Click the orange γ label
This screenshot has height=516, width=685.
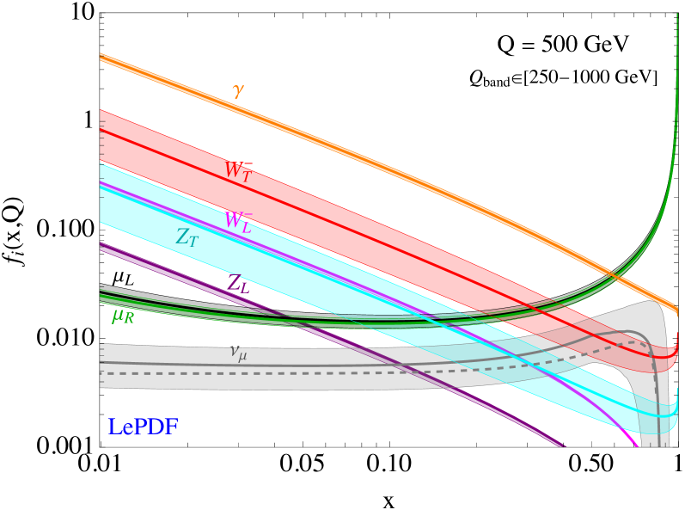[238, 90]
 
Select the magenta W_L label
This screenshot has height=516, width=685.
[238, 221]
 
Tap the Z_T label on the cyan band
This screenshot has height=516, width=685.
[187, 238]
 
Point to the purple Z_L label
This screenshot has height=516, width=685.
[239, 285]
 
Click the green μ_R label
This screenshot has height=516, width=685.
[123, 316]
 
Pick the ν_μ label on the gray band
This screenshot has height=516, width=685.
[238, 353]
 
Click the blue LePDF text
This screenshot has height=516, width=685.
[143, 427]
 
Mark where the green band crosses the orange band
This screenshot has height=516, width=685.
[612, 277]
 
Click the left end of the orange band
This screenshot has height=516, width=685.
[102, 58]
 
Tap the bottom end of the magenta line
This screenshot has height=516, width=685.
[636, 445]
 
